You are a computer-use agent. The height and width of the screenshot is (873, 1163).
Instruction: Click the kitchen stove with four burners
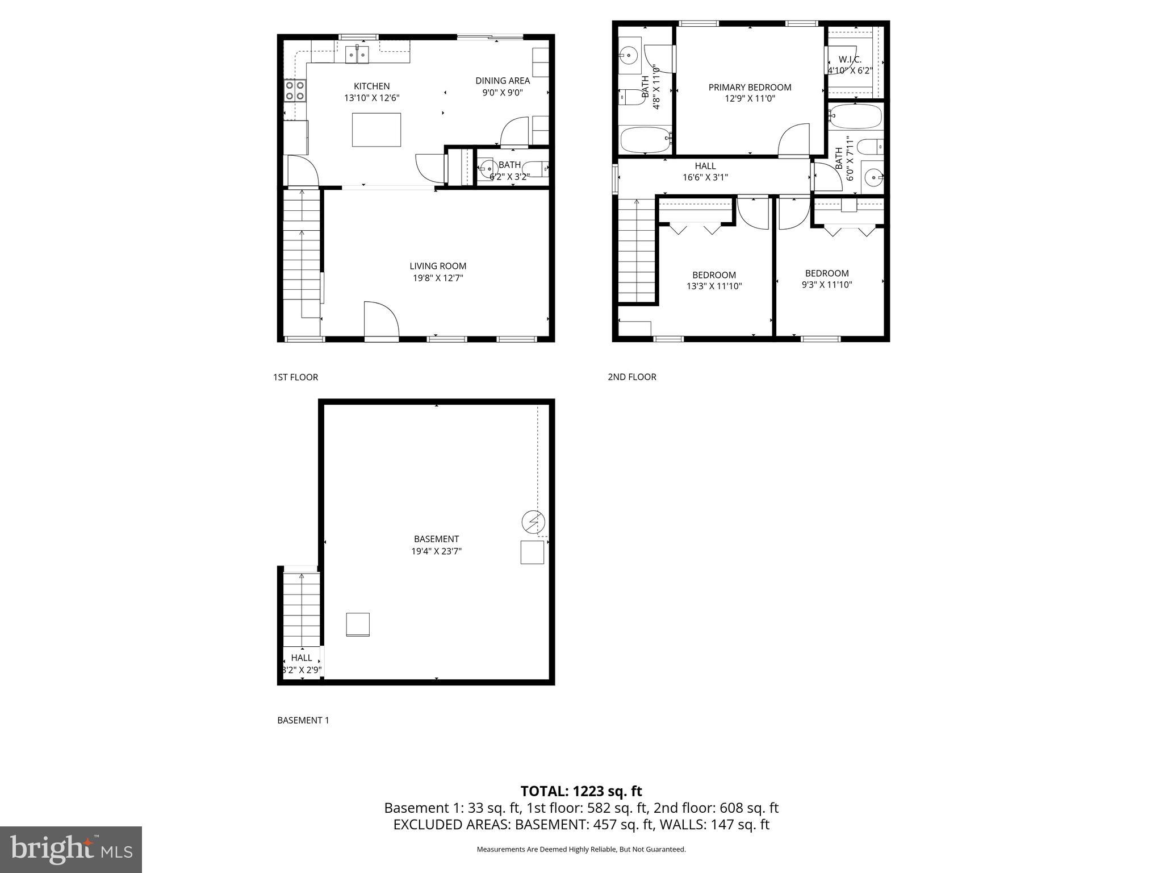pyautogui.click(x=295, y=91)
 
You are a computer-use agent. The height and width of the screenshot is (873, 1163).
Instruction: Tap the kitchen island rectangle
pyautogui.click(x=376, y=130)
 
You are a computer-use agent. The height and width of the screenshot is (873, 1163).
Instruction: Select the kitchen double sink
pyautogui.click(x=357, y=55)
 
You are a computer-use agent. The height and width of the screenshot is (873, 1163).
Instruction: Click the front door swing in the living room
pyautogui.click(x=380, y=321)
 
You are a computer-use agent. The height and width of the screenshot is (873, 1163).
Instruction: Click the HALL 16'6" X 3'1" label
pyautogui.click(x=705, y=172)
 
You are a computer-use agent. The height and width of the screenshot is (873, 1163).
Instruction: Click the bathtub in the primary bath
pyautogui.click(x=645, y=140)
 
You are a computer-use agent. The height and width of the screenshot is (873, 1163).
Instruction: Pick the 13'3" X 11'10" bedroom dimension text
pyautogui.click(x=714, y=286)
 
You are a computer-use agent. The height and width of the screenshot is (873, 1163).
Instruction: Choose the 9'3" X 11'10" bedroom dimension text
pyautogui.click(x=826, y=285)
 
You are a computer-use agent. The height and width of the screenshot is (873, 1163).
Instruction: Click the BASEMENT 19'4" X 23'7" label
pyautogui.click(x=436, y=544)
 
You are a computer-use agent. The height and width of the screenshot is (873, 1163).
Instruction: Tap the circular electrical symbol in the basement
pyautogui.click(x=533, y=522)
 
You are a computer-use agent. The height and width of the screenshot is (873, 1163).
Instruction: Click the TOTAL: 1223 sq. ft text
pyautogui.click(x=581, y=791)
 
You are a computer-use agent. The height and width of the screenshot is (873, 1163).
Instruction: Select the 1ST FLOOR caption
pyautogui.click(x=295, y=377)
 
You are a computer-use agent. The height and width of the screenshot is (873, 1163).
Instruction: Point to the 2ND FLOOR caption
pyautogui.click(x=631, y=377)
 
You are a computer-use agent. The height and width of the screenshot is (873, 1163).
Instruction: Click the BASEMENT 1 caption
pyautogui.click(x=303, y=720)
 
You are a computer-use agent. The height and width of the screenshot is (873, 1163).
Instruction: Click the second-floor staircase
pyautogui.click(x=636, y=250)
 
